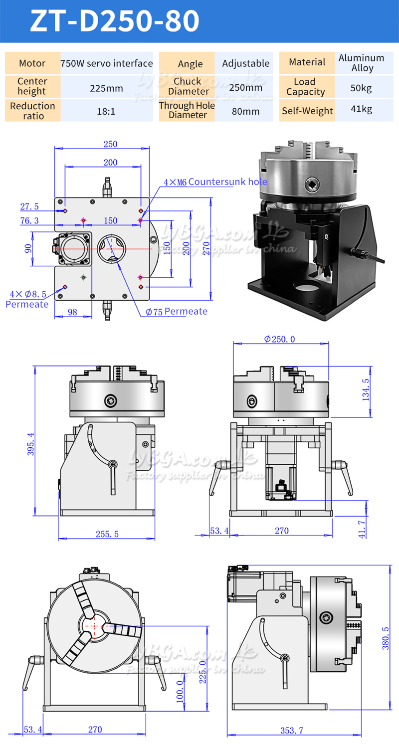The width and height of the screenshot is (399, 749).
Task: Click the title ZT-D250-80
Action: (115, 21)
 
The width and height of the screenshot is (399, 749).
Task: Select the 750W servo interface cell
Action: (106, 63)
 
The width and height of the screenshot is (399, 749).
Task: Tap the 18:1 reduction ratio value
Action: (106, 111)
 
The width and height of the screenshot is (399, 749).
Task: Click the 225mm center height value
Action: (106, 88)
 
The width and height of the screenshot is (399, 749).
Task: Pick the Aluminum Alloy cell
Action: (362, 63)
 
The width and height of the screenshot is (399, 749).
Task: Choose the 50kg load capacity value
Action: (362, 88)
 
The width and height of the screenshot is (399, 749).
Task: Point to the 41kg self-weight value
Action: (362, 109)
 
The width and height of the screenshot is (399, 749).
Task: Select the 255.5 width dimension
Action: (107, 534)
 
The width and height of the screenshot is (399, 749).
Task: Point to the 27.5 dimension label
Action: (29, 206)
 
